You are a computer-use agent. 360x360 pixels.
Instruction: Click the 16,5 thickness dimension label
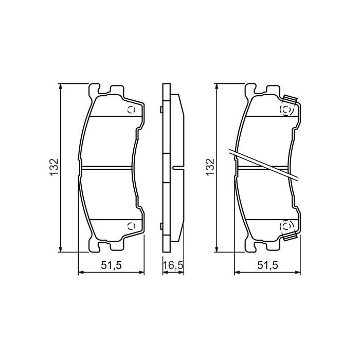click(x=173, y=265)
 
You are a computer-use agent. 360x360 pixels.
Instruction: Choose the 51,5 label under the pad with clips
click(x=267, y=265)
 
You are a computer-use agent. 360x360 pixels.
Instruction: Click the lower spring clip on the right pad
click(x=289, y=236)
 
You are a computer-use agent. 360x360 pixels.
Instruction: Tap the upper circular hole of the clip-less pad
click(x=130, y=110)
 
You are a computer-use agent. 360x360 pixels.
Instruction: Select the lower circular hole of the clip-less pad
click(x=130, y=225)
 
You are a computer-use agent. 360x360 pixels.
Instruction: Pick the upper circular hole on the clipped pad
click(x=284, y=110)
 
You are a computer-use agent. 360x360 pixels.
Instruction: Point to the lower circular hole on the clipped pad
click(x=284, y=225)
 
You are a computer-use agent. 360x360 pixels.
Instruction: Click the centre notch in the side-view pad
click(x=176, y=168)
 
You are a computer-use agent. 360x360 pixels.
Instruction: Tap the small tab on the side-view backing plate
click(x=161, y=110)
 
